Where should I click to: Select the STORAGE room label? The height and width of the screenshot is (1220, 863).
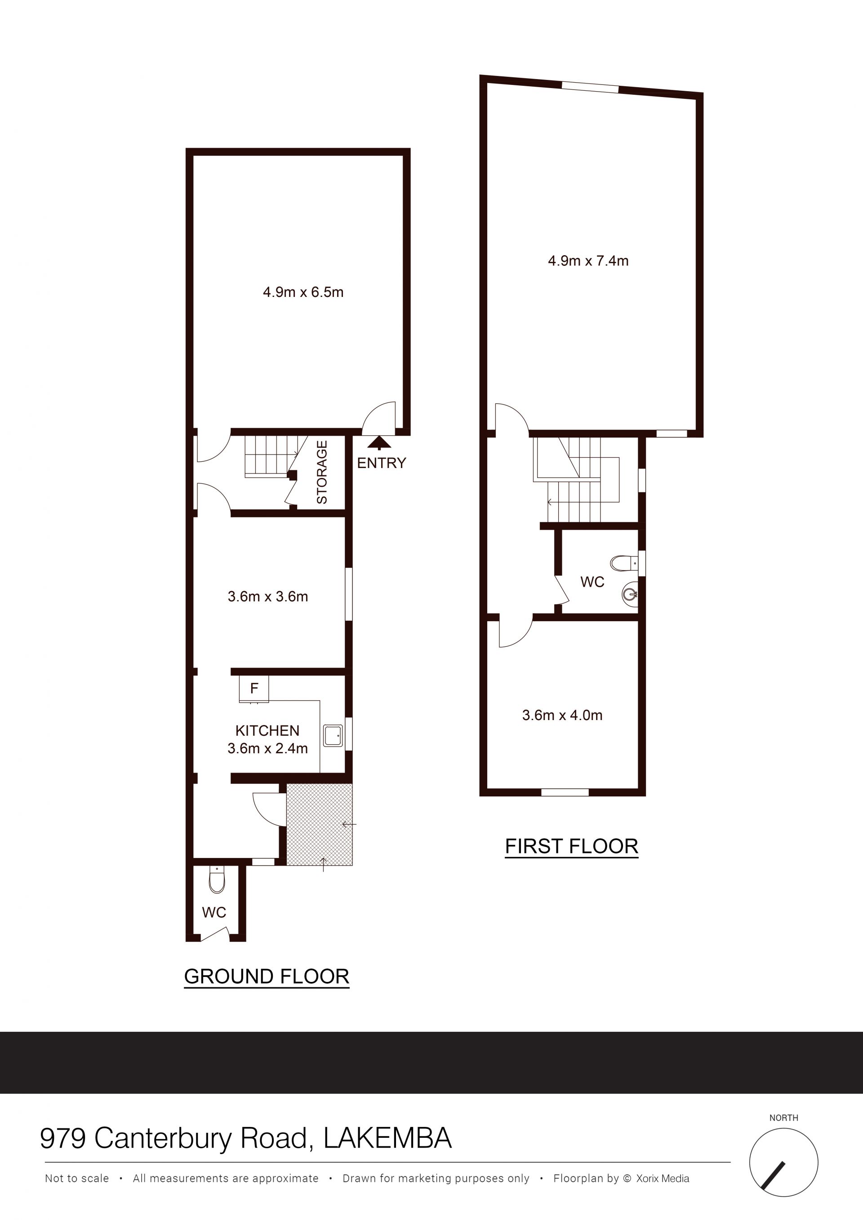(322, 473)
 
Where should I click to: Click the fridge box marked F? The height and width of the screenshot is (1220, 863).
(254, 689)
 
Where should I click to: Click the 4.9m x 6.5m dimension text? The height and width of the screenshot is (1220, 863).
(303, 292)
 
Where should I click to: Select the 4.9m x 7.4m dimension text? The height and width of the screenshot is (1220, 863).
(588, 261)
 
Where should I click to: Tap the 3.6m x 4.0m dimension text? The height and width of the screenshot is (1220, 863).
(562, 715)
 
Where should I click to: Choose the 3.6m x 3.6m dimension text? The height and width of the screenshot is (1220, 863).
(267, 597)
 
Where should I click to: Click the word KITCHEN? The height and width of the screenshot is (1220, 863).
(267, 731)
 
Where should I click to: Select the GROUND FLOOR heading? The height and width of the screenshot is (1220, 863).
(267, 977)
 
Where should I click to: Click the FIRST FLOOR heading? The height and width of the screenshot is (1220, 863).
(572, 846)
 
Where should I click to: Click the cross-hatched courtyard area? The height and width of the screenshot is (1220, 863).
(319, 824)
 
